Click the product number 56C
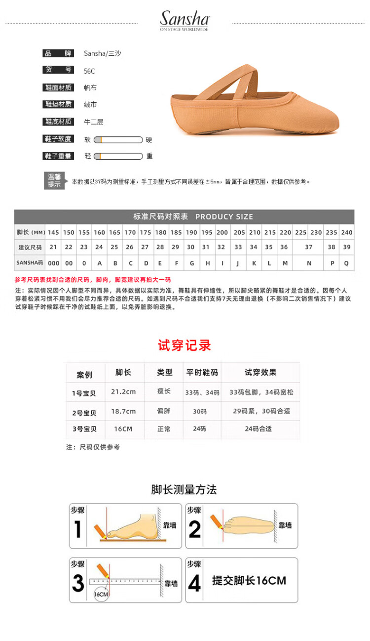coord(89,71)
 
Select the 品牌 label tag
coord(58,53)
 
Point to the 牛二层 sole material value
coord(94,122)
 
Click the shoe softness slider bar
coord(118,140)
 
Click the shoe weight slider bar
coord(118,156)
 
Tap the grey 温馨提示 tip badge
coord(54,181)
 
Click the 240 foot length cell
coord(347,232)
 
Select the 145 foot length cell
coord(53,232)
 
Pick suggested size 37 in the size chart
coord(309,247)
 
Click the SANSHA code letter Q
coord(346,263)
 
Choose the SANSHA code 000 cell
coord(53,263)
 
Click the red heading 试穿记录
coord(185,345)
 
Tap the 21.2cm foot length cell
coord(123,392)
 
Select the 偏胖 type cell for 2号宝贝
coord(164,411)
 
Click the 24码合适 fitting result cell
coord(259,429)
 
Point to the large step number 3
coord(78,584)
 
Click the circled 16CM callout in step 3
coord(101,594)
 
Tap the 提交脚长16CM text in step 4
coord(249,581)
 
